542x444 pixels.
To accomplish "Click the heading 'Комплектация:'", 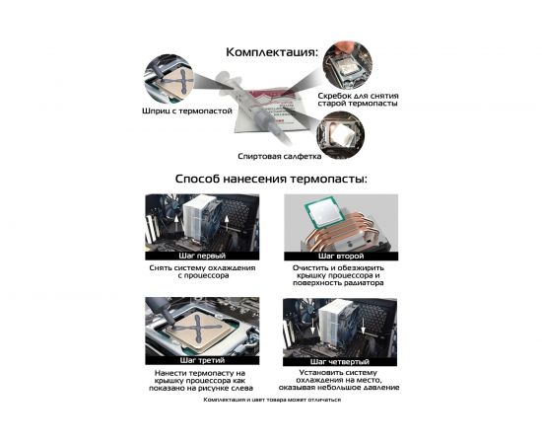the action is click(x=271, y=52).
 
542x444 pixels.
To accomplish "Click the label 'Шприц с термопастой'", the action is click(x=186, y=111).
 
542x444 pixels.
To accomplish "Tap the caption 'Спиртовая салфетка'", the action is click(x=279, y=156).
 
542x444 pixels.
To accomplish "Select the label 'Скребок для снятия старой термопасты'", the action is click(x=358, y=100).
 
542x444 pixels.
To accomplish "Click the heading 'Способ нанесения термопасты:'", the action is click(x=271, y=179).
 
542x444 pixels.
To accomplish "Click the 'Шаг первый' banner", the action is click(x=202, y=256).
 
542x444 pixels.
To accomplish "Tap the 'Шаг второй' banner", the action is click(x=341, y=257).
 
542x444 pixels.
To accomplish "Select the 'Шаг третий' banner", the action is click(x=202, y=360).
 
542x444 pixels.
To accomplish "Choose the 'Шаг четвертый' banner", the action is click(x=340, y=362).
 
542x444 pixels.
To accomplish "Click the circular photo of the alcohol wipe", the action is click(x=341, y=135).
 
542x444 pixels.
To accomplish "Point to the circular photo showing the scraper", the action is click(x=348, y=66).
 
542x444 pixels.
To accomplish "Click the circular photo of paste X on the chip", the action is click(x=169, y=80).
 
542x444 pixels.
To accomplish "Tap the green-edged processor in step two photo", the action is click(x=323, y=211).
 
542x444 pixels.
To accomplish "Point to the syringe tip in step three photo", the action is click(x=171, y=324).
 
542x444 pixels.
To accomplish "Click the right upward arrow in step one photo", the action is click(x=227, y=224).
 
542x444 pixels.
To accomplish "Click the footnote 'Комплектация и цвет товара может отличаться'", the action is click(x=272, y=400).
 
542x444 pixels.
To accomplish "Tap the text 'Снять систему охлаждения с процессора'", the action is click(x=203, y=271).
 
